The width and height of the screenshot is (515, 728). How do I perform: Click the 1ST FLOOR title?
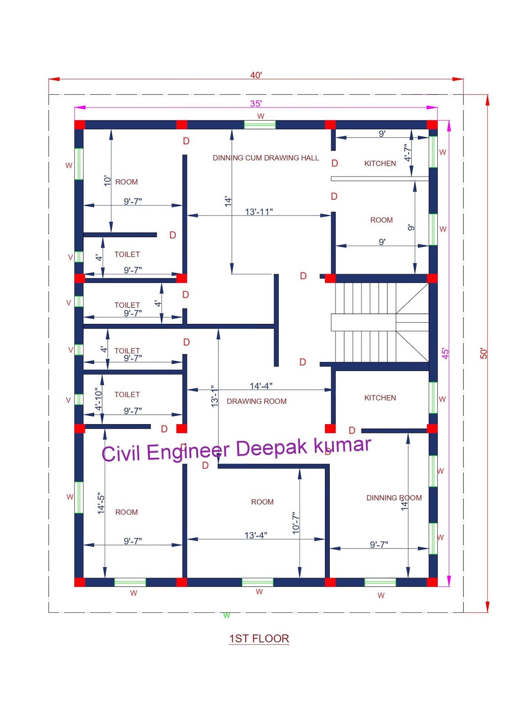[259, 638]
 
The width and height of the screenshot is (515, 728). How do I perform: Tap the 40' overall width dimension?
[256, 75]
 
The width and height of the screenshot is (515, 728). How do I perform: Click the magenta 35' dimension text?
[256, 104]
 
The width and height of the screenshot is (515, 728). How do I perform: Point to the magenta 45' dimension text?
[445, 354]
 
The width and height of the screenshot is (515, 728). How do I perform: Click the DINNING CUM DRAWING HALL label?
[265, 158]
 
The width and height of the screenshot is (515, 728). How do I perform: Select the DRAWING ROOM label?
[256, 401]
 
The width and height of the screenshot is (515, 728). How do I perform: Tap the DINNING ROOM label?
[394, 498]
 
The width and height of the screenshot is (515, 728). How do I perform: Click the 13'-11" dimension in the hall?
[259, 212]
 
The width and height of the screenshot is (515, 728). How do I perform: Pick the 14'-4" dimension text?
[261, 386]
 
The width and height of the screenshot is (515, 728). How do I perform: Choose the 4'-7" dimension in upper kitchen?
[408, 153]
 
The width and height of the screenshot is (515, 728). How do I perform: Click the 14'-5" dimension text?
[101, 503]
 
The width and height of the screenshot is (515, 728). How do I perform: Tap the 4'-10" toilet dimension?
[98, 399]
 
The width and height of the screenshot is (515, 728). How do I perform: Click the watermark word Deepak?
[272, 448]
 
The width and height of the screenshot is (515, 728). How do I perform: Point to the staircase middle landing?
[363, 322]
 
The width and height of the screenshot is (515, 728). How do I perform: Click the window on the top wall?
[260, 125]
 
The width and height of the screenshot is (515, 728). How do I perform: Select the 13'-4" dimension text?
[255, 535]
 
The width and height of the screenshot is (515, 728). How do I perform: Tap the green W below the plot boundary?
[226, 616]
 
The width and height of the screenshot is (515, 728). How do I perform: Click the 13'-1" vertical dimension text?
[214, 396]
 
